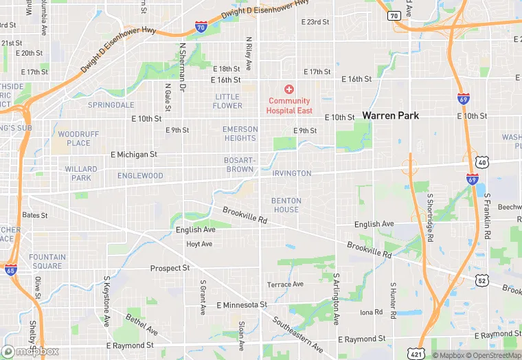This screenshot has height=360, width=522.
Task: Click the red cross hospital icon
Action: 289,89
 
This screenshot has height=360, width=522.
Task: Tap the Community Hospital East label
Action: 289,106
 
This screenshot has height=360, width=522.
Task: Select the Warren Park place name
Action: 390,115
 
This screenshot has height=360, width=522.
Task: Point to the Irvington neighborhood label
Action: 292,174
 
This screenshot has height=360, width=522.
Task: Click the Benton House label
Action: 286,205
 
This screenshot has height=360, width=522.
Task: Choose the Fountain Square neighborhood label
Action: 47,262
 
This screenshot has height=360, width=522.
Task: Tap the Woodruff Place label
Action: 74,138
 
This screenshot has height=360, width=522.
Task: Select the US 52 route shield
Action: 482,281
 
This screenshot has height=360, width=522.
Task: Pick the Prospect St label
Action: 170,268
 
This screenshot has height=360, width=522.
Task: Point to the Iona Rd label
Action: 371,312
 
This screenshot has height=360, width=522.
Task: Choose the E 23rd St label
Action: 315,22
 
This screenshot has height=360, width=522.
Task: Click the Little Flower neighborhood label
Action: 227,101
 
